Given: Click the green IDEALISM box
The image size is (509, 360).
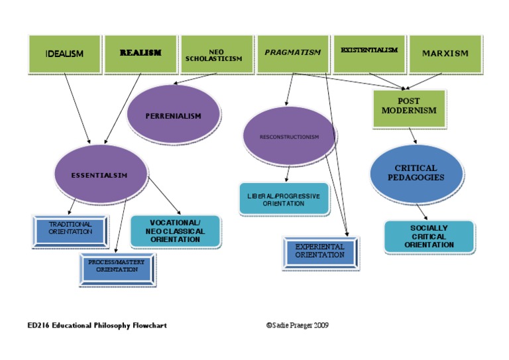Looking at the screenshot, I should tap(64, 54).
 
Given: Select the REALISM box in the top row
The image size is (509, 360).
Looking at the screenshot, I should tap(141, 54).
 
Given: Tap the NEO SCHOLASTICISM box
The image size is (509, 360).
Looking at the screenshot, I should tap(216, 54).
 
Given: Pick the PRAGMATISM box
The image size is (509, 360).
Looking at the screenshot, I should tap(292, 53).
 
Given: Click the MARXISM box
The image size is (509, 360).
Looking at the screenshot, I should tap(445, 54).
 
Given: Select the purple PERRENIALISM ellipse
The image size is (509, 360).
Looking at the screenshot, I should tap(173, 116).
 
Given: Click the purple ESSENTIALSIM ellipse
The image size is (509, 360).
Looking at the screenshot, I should tap(99, 175).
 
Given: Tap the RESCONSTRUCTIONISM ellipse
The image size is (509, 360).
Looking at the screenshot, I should tap(290, 137).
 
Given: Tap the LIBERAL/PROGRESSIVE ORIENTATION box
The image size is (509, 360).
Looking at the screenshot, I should tap(284, 200).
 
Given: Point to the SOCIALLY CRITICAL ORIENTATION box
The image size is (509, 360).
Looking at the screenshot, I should tap(429, 237).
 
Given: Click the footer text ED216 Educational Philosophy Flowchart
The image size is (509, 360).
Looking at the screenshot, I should tap(97, 326).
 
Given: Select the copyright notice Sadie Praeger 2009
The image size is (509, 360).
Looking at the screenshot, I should tap(297, 326).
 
